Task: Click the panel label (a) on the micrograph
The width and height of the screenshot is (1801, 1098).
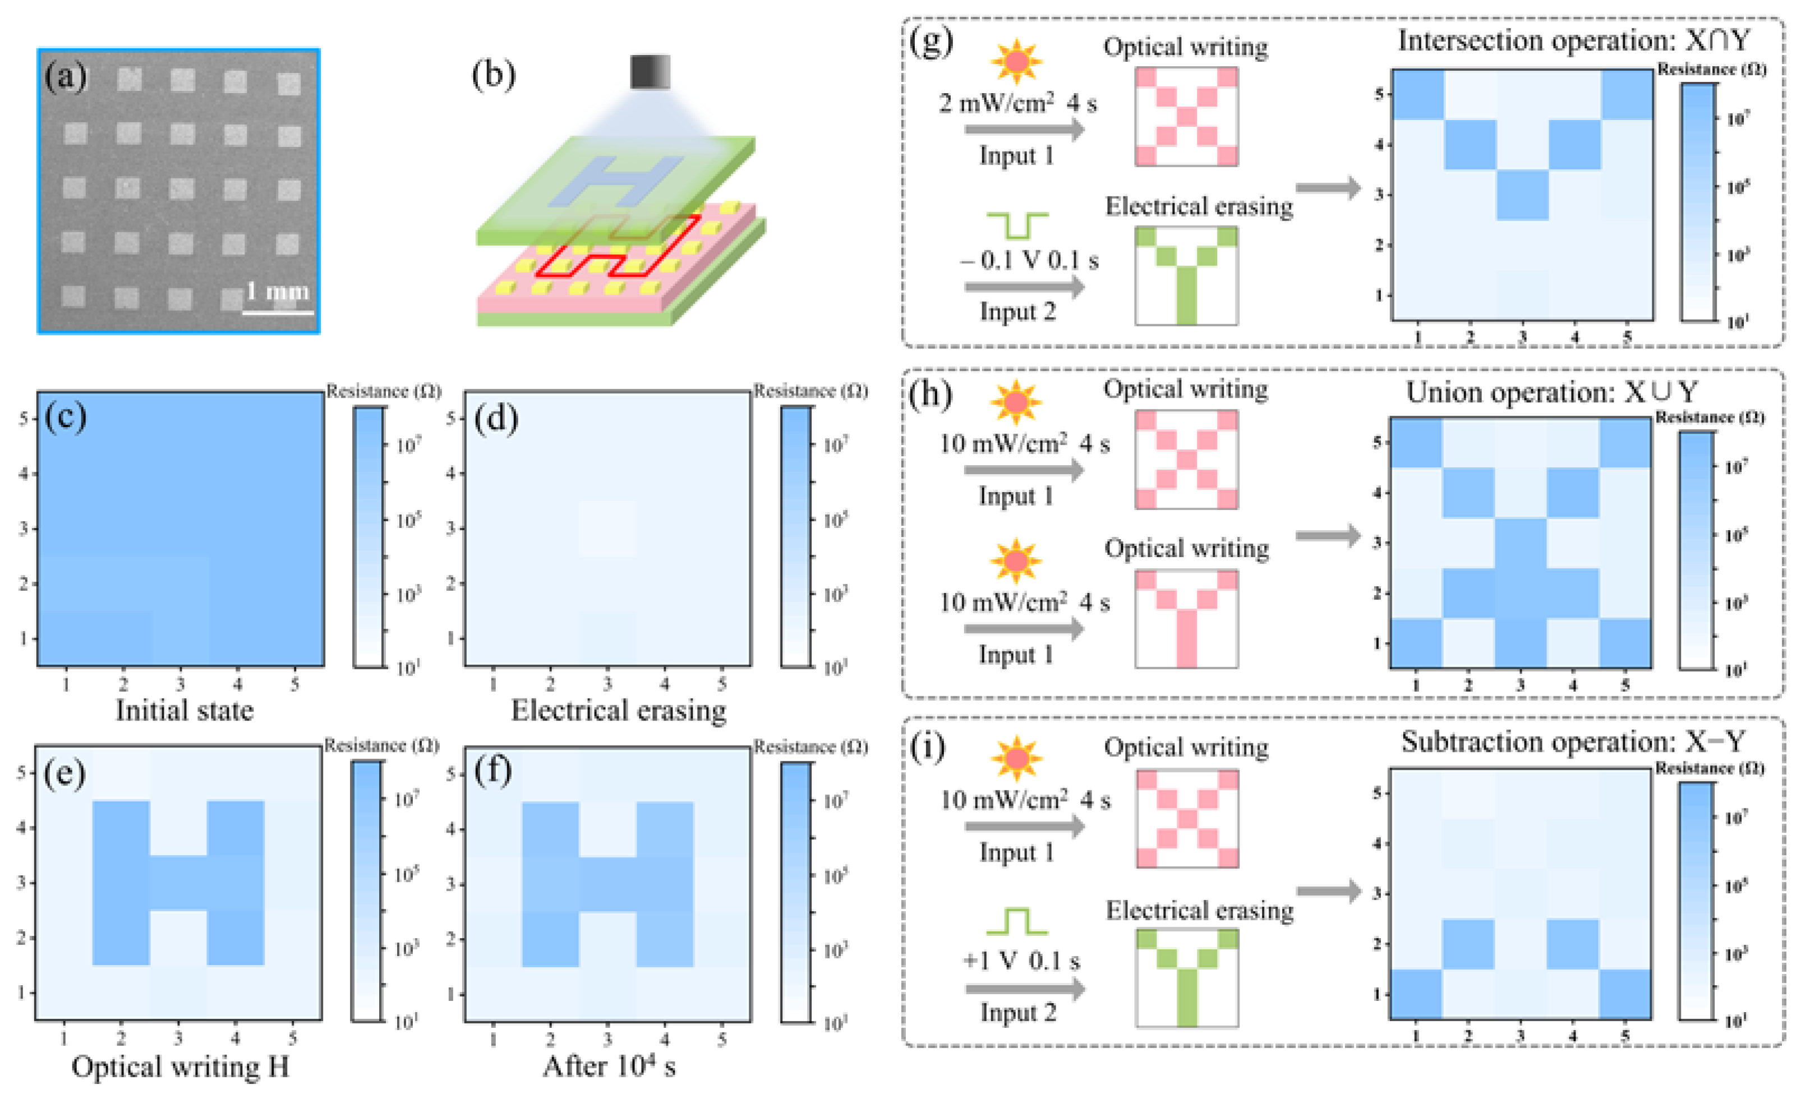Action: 66,77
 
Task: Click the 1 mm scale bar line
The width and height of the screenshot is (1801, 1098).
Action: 278,314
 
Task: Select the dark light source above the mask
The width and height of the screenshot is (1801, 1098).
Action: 650,72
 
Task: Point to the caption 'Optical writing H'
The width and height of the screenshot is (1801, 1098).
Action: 180,1067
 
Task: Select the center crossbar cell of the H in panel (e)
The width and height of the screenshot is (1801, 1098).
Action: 178,883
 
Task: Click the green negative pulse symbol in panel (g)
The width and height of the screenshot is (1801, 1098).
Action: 1017,224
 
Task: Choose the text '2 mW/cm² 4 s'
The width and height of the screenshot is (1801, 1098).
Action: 1017,103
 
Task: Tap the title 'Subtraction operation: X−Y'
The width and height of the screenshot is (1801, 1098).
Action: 1572,742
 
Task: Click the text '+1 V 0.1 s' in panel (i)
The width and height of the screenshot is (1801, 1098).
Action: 1021,961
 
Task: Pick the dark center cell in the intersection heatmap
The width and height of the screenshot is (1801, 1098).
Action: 1522,195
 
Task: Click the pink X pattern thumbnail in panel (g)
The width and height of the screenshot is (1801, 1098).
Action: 1186,117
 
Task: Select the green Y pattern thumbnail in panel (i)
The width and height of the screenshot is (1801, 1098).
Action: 1187,977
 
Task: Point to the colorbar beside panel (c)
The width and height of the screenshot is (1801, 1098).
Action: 369,537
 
